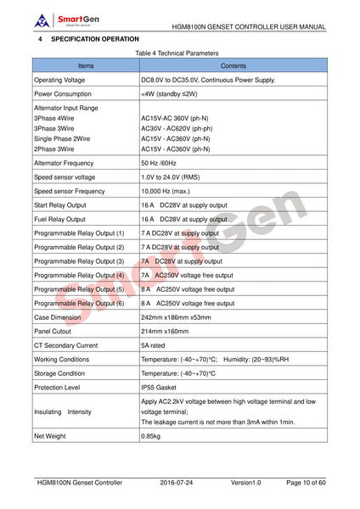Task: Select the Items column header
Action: click(x=86, y=64)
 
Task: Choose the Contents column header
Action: click(x=233, y=64)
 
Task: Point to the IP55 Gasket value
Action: click(x=160, y=387)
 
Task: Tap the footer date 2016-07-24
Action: click(x=179, y=483)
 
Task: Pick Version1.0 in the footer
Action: click(x=246, y=483)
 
